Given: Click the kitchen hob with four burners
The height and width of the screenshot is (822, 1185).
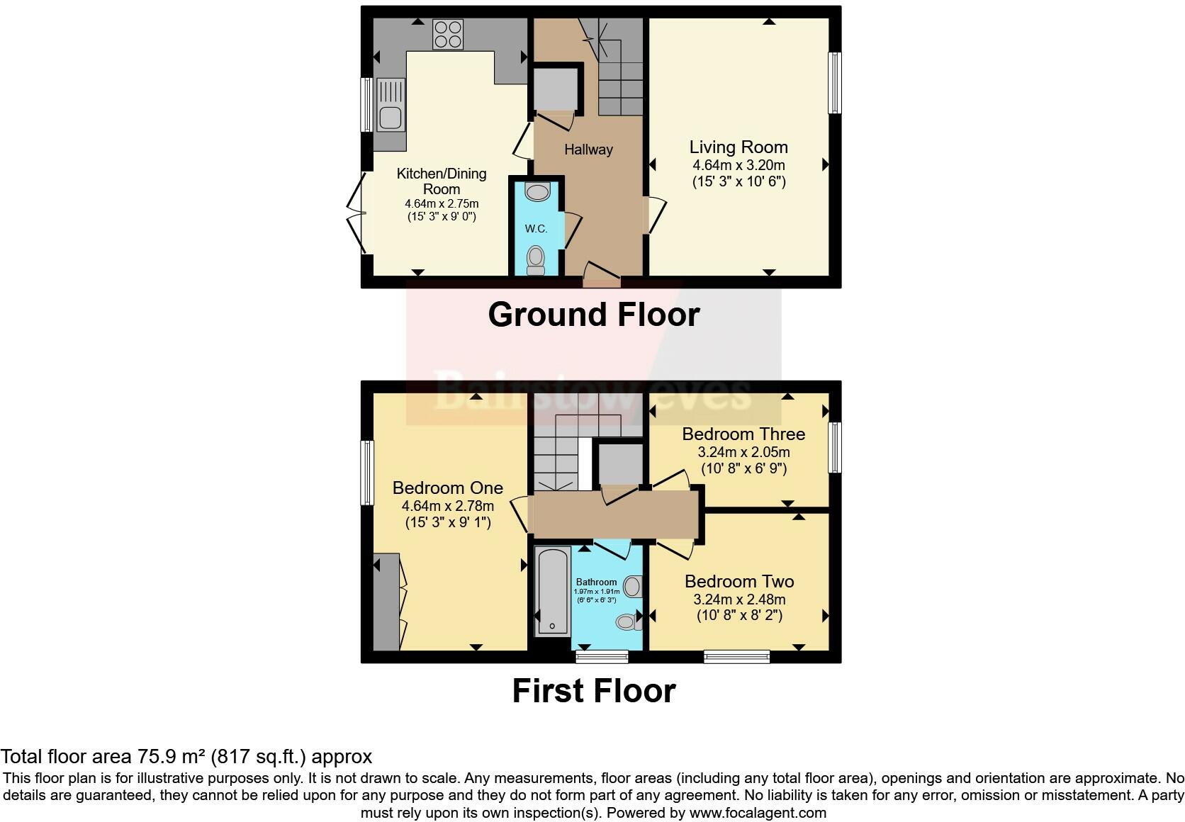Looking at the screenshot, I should (x=447, y=33).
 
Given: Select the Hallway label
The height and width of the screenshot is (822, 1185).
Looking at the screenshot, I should (x=588, y=150).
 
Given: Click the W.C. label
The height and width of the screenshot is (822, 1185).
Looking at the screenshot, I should (x=536, y=228).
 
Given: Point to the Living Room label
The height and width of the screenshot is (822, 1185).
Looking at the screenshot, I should (x=738, y=147).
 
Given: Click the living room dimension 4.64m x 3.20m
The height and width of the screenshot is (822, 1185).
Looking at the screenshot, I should (x=738, y=165).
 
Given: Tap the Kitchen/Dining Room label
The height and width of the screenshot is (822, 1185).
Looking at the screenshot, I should (x=441, y=181).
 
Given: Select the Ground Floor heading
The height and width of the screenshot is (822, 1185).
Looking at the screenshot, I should (x=593, y=315).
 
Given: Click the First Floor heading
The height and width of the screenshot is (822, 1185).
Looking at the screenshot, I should (x=593, y=691).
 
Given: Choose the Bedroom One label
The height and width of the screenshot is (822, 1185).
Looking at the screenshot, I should (x=447, y=488).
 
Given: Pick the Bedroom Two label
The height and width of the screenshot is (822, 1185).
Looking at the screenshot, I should (x=738, y=582).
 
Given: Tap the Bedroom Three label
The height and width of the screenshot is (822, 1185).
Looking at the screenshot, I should (x=743, y=434).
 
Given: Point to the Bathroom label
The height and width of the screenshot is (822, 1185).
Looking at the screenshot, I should (x=596, y=582).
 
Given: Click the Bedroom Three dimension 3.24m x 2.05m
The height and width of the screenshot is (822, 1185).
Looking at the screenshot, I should (x=743, y=452).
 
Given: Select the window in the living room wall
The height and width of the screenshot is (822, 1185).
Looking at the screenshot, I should (x=835, y=82).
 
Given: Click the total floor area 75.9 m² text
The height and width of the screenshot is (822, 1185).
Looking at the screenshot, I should (x=186, y=757).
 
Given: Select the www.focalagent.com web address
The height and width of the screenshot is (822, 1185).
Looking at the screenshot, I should (x=757, y=813).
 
